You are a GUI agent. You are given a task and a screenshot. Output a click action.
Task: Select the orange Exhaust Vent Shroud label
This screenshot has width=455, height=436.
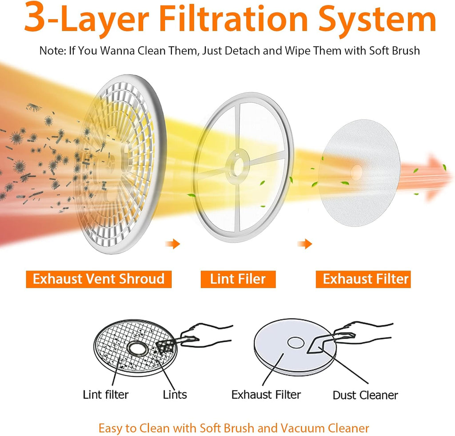tap(99, 279)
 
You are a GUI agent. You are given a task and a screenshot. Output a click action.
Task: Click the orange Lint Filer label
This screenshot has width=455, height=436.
tap(238, 279)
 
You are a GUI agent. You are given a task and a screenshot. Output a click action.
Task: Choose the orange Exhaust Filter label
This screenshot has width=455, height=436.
tap(363, 279)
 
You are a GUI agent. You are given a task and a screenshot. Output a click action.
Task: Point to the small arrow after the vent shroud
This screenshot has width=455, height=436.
tap(173, 244)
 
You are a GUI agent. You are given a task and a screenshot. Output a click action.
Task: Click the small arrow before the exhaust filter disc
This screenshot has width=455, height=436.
tap(305, 244)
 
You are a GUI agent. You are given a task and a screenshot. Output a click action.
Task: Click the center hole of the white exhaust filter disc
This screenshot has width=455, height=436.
tap(357, 172)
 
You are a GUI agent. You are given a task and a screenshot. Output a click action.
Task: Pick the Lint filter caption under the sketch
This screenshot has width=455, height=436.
tap(106, 395)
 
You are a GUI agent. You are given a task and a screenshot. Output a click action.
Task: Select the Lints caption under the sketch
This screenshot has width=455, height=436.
tap(175, 395)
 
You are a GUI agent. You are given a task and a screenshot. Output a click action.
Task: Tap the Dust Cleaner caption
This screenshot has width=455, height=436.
tap(365, 396)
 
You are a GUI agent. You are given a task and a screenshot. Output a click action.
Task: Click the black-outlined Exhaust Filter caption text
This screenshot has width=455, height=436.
tap(266, 395)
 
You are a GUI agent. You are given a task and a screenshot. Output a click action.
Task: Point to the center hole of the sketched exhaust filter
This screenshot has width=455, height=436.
tap(295, 343)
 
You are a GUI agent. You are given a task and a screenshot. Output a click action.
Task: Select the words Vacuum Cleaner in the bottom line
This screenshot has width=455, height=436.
tap(325, 428)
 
